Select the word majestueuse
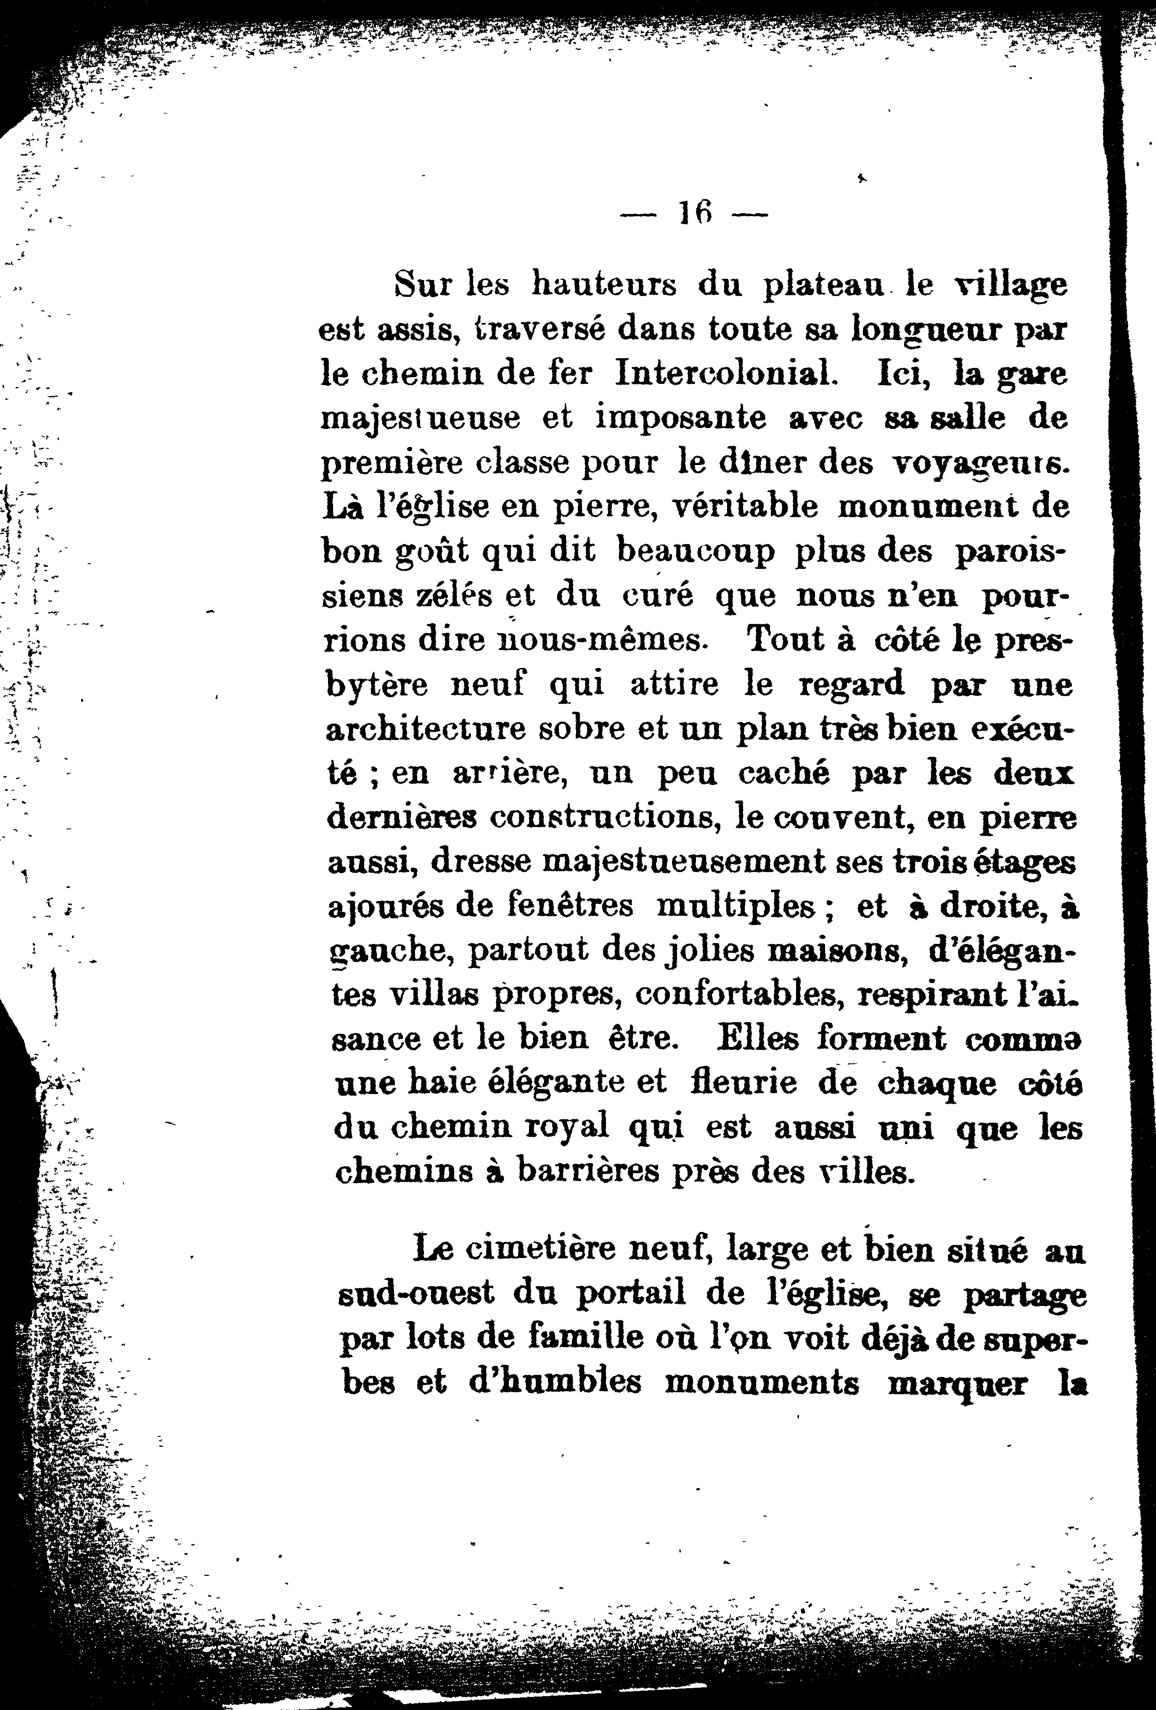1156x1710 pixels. click(x=422, y=419)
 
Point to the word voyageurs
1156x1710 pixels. click(x=979, y=463)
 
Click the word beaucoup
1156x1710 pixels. click(x=696, y=552)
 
